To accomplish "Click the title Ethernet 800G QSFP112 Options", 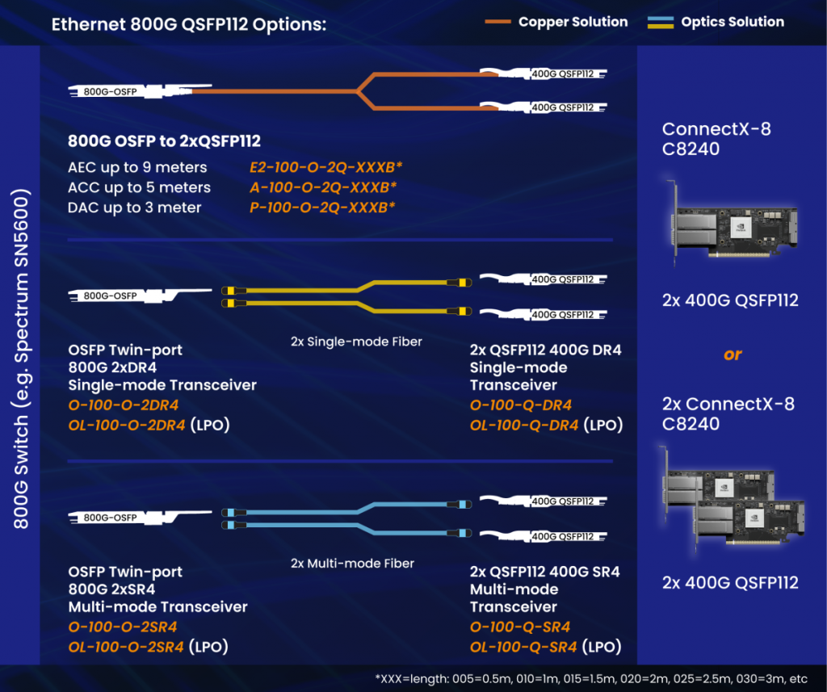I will point(189,23).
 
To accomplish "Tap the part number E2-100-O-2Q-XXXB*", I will point(326,168).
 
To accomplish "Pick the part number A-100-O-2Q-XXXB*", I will point(323,187).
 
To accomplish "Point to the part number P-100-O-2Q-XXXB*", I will point(323,208).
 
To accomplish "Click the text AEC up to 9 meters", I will point(138,168).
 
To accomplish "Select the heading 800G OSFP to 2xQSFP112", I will point(165,141).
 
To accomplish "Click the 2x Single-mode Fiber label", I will point(356,342).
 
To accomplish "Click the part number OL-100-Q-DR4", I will point(524,425).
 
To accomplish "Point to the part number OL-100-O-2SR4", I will point(128,647).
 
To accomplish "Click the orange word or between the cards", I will point(733,354).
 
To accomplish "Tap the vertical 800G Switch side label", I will point(23,359).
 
